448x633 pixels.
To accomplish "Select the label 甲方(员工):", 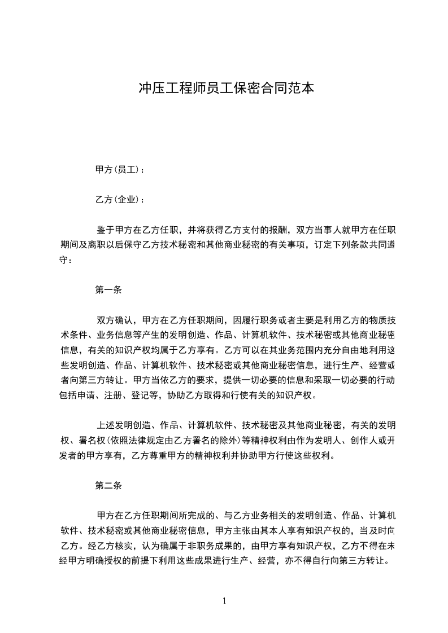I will click(x=120, y=169).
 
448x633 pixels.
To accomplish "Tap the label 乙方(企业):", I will click(x=120, y=200).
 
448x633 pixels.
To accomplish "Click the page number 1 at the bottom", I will click(x=224, y=600).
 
